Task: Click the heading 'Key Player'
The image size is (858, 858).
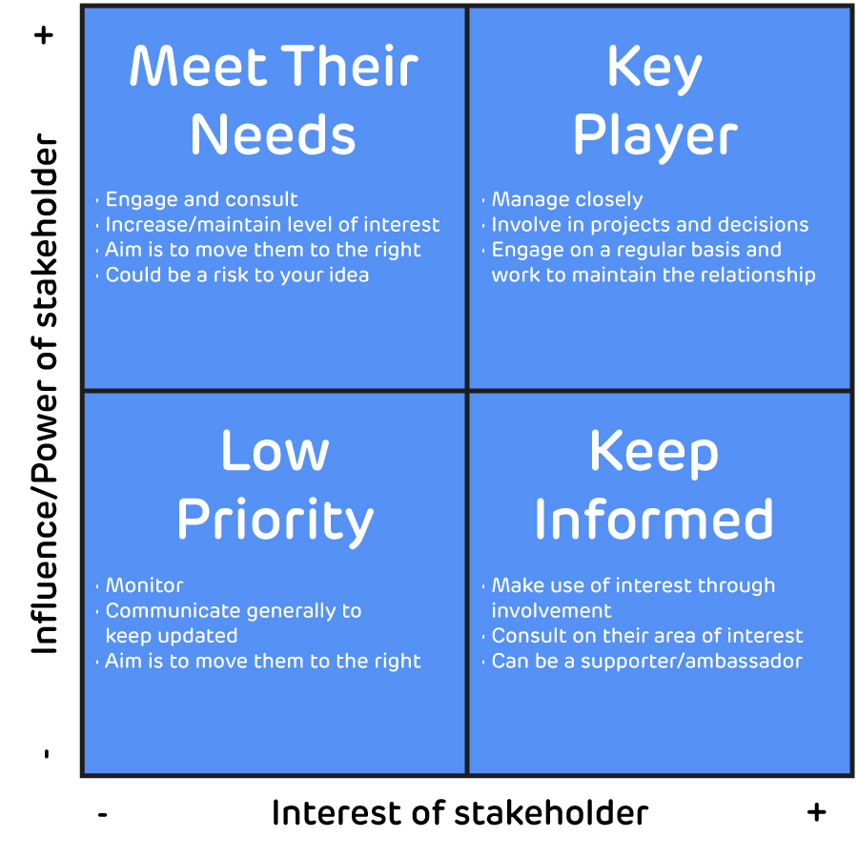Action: pos(655,102)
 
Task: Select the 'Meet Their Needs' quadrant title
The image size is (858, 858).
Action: pos(274,102)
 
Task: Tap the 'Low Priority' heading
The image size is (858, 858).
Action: pos(275,485)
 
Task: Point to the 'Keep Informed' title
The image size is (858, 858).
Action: pos(654,485)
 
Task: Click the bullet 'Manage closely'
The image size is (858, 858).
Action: pos(566,200)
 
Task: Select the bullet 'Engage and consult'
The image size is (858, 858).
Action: pos(201,200)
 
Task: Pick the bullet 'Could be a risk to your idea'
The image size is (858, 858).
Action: pos(236,275)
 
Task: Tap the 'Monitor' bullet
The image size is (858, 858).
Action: pos(144,585)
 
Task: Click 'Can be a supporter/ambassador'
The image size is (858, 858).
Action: pos(646,661)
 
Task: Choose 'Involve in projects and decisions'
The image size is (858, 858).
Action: pos(649,225)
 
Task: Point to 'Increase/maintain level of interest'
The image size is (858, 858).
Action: pos(272,225)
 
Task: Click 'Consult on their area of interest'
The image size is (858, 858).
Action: pos(646,636)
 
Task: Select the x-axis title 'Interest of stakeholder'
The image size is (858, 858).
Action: pos(460,813)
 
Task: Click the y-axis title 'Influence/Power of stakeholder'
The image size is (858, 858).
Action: pos(45,396)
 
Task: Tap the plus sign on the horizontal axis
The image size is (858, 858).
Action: pos(816,811)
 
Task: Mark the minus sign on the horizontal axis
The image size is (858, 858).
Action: pos(102,814)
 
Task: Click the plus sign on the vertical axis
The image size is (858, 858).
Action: pos(45,36)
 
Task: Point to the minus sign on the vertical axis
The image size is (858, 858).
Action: pos(45,755)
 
